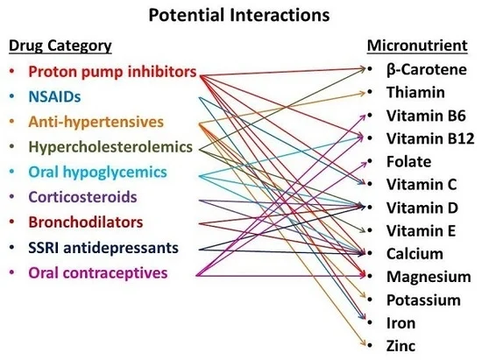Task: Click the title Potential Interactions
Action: click(x=239, y=16)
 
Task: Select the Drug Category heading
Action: click(x=60, y=46)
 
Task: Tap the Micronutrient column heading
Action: click(x=417, y=46)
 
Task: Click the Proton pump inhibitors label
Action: click(x=112, y=72)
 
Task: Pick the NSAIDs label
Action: click(x=54, y=96)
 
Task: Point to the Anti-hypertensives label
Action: click(x=96, y=122)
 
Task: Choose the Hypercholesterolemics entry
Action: click(x=110, y=147)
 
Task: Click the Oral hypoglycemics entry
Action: click(x=98, y=172)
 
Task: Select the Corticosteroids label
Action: click(x=82, y=197)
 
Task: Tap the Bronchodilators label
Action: click(x=86, y=222)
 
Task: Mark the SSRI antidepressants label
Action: click(x=103, y=248)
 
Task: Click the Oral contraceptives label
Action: click(x=98, y=272)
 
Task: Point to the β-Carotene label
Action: click(x=427, y=70)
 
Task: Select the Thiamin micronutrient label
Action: click(x=415, y=93)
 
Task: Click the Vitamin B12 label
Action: click(x=430, y=138)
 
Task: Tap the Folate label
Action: click(x=409, y=161)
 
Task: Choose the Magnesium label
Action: click(x=429, y=277)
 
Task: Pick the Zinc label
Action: click(x=400, y=346)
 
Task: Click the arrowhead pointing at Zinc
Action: click(x=364, y=344)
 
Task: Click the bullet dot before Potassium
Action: click(x=370, y=300)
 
